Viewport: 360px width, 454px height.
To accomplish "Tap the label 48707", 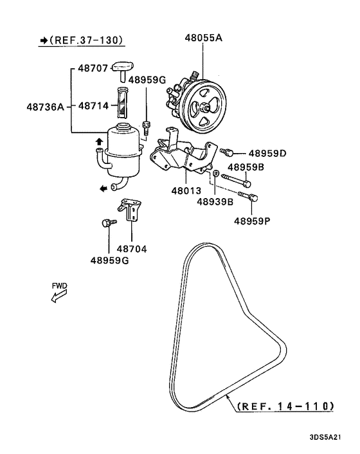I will pos(93,68).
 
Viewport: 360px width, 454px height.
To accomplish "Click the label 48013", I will pos(186,191).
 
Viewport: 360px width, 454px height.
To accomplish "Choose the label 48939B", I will pos(215,202).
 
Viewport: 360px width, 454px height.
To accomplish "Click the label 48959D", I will pos(267,154).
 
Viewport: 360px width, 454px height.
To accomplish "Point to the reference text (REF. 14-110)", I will pos(285,406).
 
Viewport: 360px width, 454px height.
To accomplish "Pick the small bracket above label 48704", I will pos(129,210).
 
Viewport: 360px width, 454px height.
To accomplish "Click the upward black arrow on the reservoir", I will pos(98,141).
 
